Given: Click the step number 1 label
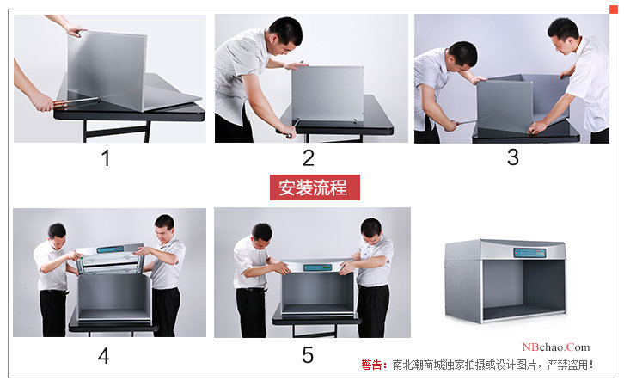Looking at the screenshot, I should (x=106, y=158).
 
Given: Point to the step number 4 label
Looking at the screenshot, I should (x=103, y=355).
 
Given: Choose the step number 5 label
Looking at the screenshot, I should (x=308, y=355).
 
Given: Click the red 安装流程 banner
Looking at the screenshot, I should (x=314, y=187).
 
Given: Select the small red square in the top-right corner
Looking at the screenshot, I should (x=613, y=9).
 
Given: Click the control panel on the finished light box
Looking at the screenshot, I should (x=529, y=252).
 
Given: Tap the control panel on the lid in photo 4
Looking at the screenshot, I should (x=110, y=249).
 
